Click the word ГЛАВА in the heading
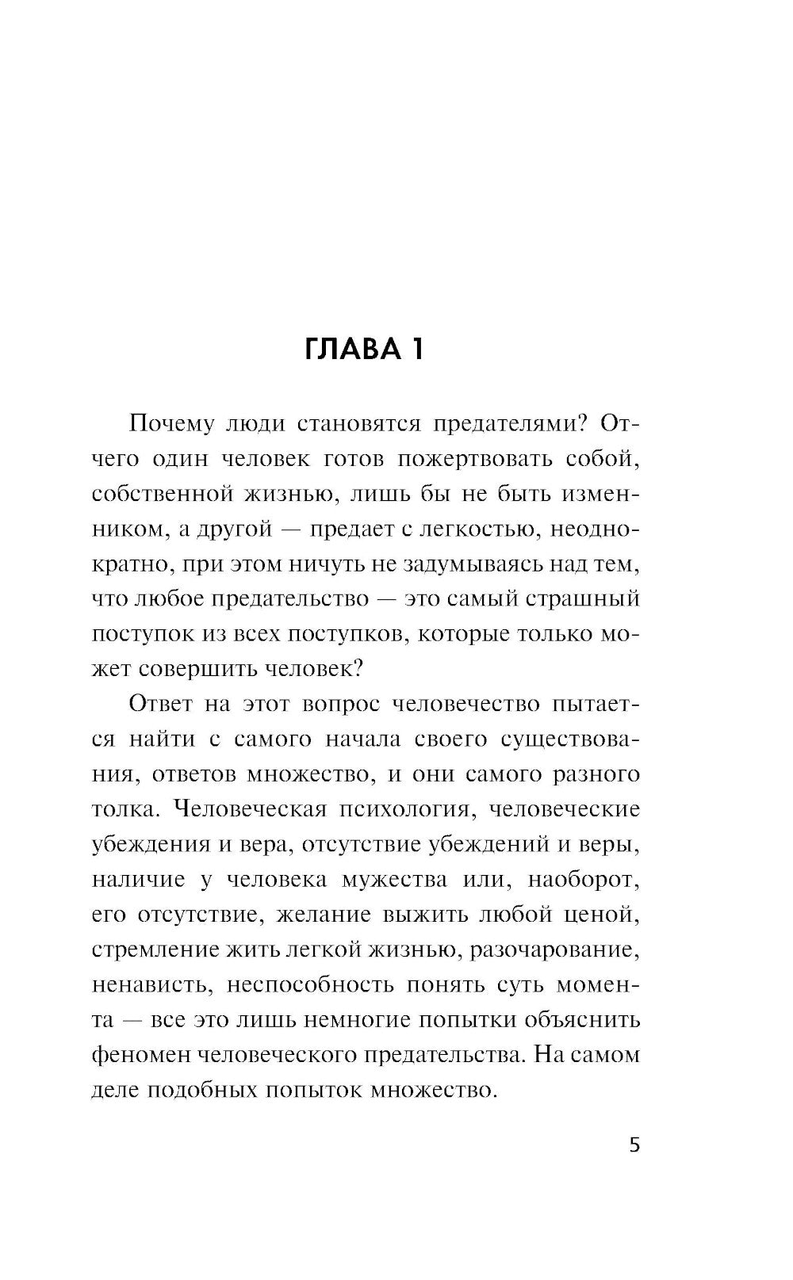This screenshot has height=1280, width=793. click(x=353, y=349)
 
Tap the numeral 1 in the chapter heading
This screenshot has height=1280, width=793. click(x=416, y=349)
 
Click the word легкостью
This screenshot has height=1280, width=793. click(x=470, y=529)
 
